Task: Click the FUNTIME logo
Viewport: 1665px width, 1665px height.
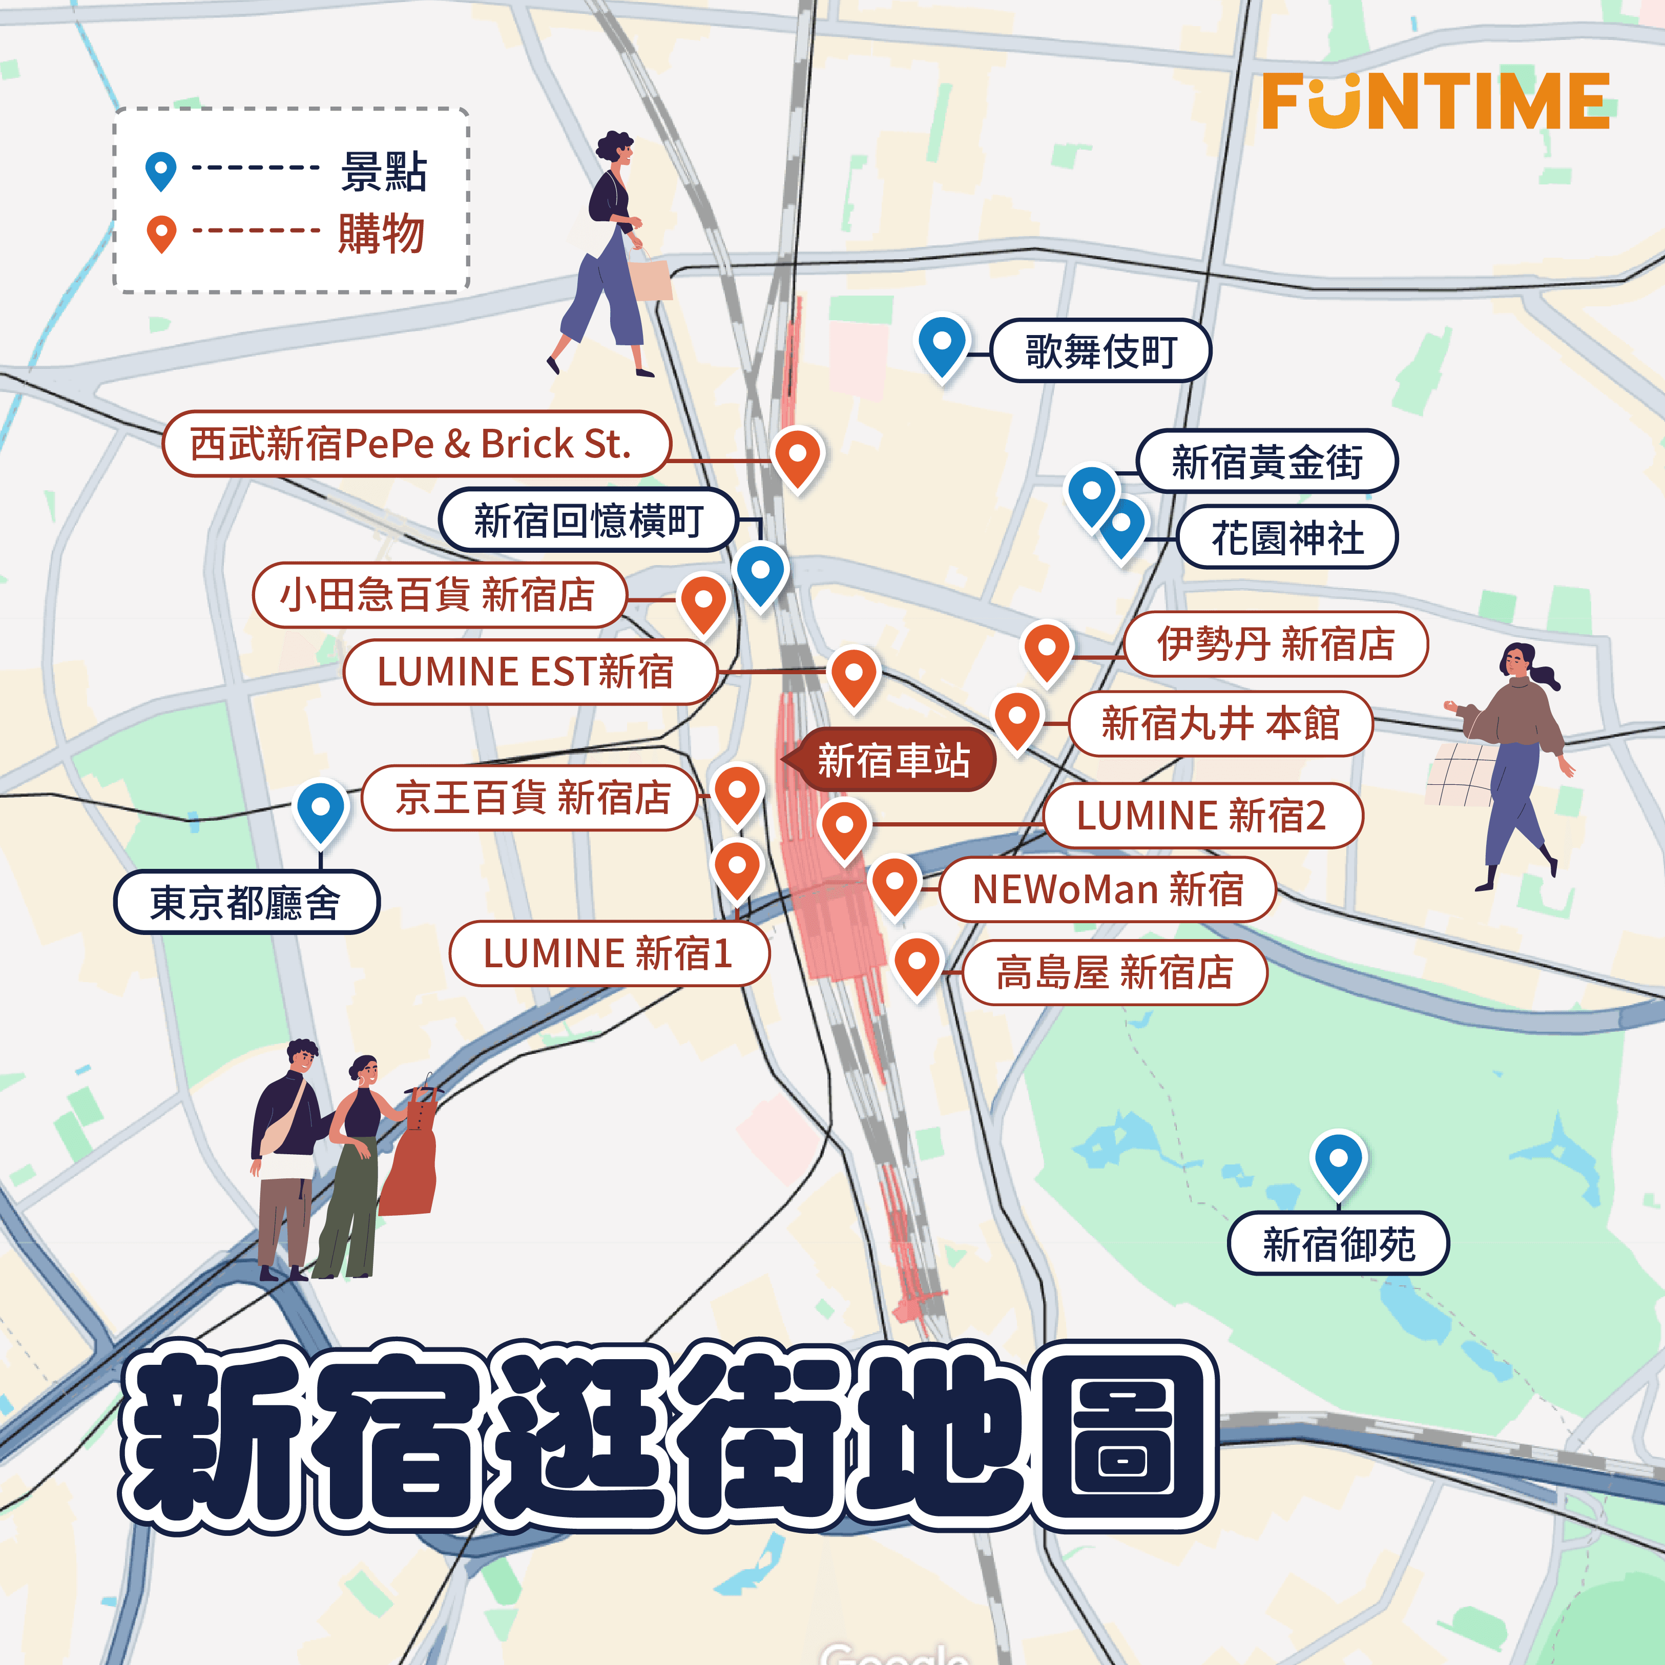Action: pyautogui.click(x=1435, y=101)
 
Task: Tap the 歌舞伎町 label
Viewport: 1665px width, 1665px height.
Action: pyautogui.click(x=1100, y=351)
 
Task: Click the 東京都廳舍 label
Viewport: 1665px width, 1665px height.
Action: pyautogui.click(x=246, y=902)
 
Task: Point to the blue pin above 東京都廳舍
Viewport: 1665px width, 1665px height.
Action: pyautogui.click(x=321, y=809)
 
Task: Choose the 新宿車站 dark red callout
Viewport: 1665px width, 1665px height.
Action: pyautogui.click(x=893, y=761)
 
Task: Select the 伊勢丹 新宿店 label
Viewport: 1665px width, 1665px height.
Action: pyautogui.click(x=1276, y=644)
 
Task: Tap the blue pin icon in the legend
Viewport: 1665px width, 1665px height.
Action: pyautogui.click(x=161, y=169)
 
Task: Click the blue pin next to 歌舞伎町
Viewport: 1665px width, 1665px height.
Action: pyautogui.click(x=942, y=343)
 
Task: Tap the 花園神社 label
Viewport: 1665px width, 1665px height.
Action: pyautogui.click(x=1287, y=538)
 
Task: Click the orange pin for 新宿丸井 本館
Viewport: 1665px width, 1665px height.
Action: pyautogui.click(x=1018, y=718)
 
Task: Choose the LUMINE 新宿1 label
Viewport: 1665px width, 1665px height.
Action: pyautogui.click(x=609, y=953)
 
